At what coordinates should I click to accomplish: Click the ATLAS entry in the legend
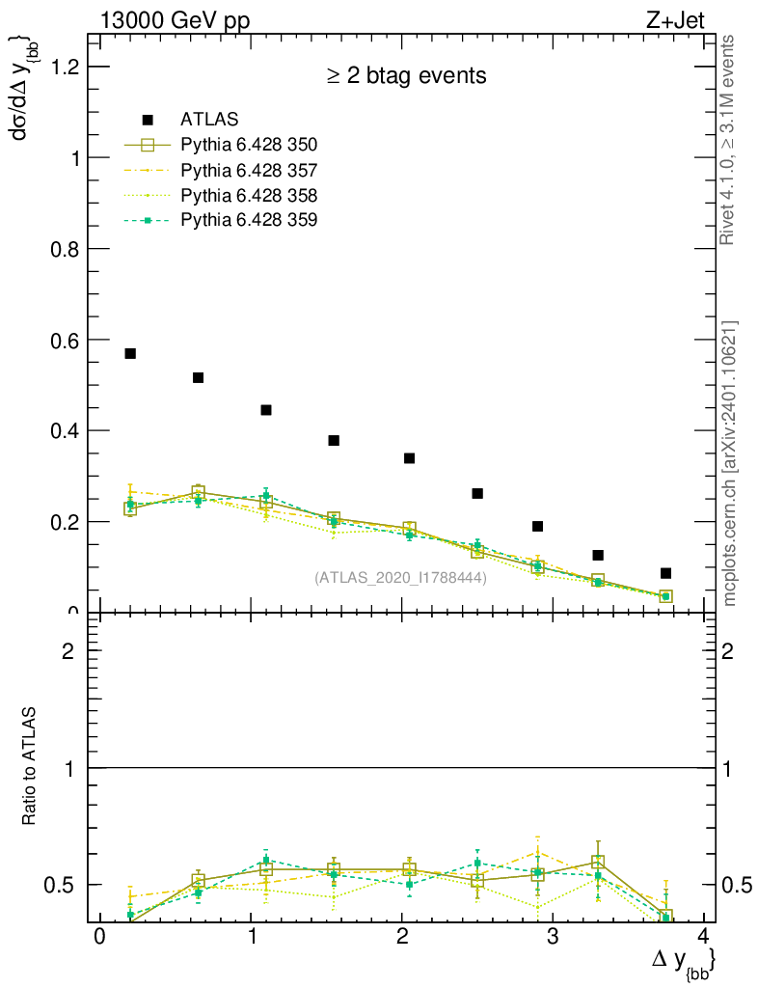[203, 120]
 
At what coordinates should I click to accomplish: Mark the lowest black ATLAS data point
[665, 573]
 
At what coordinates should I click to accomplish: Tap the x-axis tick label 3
[553, 939]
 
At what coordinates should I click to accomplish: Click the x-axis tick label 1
[251, 939]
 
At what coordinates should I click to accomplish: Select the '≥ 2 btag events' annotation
[405, 75]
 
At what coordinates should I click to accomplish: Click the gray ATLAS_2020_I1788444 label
[400, 578]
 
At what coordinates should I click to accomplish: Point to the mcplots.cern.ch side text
[730, 463]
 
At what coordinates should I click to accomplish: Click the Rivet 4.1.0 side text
[730, 140]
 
